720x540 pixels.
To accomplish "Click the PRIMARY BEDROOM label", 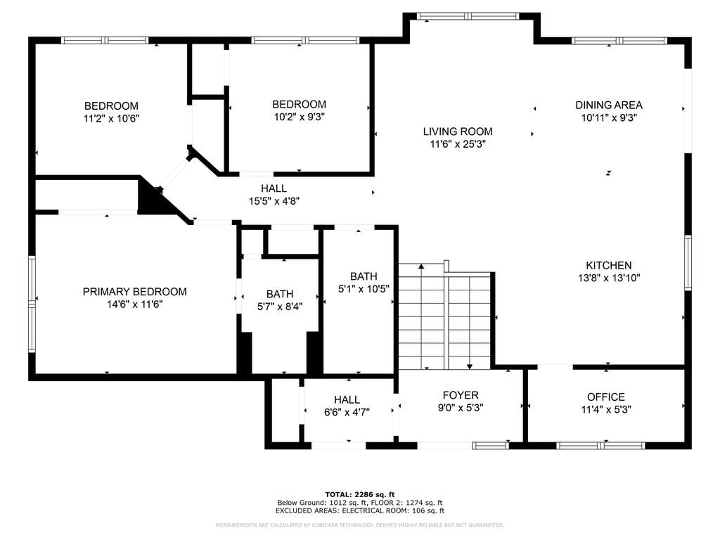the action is (134, 292).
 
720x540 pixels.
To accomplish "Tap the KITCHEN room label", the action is (609, 265).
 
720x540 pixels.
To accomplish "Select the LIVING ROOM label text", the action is (458, 131).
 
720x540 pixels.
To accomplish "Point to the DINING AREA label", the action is (609, 105).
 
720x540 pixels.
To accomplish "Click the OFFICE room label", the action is (606, 397).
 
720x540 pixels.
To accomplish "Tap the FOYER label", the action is (461, 395).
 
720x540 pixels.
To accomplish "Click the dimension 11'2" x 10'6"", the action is (112, 118).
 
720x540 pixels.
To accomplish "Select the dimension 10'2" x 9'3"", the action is (300, 117).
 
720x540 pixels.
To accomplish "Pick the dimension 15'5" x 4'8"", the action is (274, 201).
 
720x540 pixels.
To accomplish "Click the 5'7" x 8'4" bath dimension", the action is (280, 307).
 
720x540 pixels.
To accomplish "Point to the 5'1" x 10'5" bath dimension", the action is (364, 289).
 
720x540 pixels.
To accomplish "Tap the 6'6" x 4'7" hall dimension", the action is (347, 412).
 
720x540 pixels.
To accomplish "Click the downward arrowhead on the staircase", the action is (469, 366).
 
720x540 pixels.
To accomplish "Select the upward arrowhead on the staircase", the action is (422, 266).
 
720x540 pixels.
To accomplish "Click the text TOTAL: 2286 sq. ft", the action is (360, 494).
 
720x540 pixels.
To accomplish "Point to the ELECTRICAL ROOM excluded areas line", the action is (360, 510).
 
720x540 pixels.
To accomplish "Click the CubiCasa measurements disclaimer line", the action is (360, 525).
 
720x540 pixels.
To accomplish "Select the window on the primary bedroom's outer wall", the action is (32, 304).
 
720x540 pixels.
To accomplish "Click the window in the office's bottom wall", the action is (601, 445).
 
